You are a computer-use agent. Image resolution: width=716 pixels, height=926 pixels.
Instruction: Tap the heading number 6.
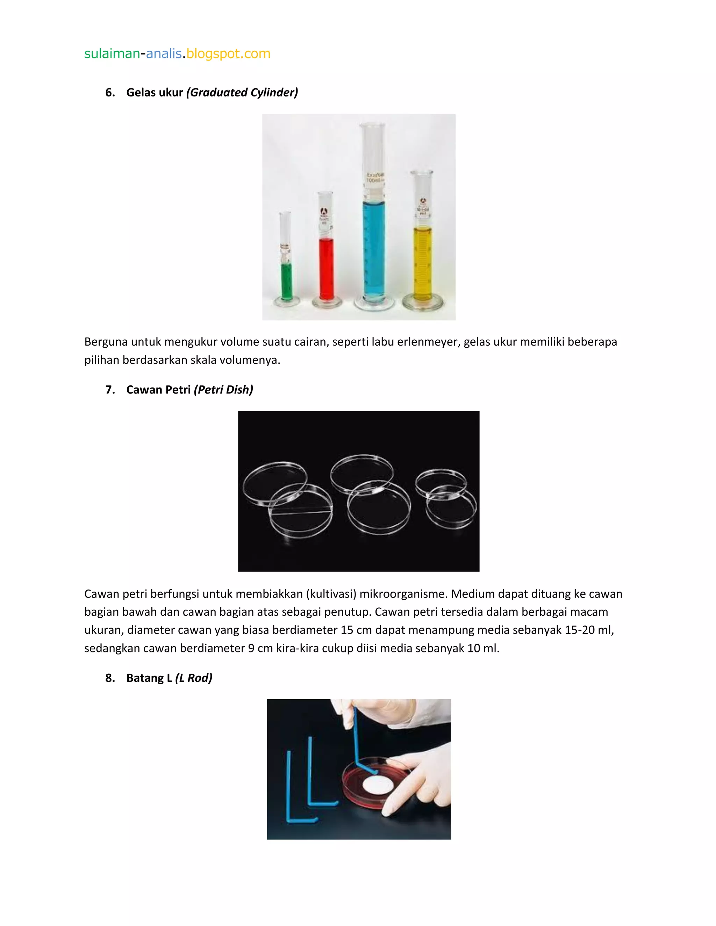coord(110,93)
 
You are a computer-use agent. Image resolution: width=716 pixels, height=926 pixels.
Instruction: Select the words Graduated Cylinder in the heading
coord(242,93)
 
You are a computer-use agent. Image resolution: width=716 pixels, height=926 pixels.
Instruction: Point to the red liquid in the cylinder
coord(326,269)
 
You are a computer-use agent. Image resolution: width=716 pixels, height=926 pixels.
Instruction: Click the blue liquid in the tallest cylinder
coord(374,250)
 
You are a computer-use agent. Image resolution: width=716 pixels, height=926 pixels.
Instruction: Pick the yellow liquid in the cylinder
coord(422,263)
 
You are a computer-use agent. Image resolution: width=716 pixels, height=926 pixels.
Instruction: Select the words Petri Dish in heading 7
coord(223,390)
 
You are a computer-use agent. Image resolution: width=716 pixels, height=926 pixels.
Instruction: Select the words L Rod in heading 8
coord(194,678)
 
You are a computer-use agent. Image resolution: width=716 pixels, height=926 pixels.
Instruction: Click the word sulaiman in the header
coord(112,54)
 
